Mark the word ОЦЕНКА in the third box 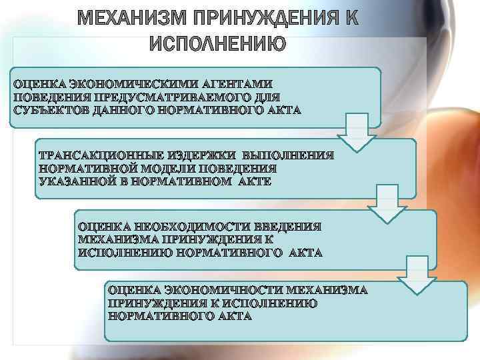click(103, 227)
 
